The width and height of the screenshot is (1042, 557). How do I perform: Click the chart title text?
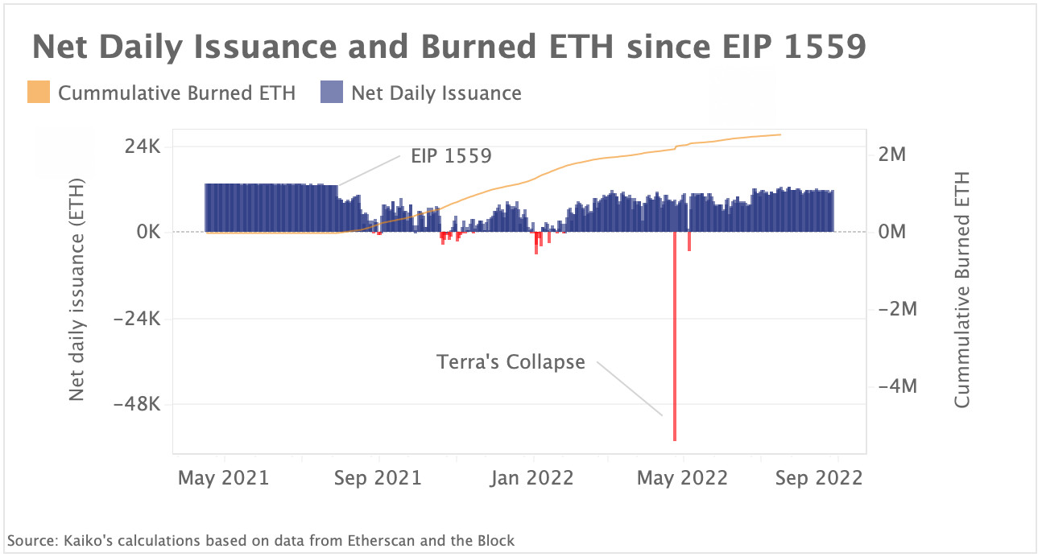pyautogui.click(x=449, y=47)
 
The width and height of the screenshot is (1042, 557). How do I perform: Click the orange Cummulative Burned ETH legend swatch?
pyautogui.click(x=39, y=93)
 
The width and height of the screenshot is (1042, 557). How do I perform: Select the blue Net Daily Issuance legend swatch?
pyautogui.click(x=332, y=93)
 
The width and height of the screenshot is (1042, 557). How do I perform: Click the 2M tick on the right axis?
pyautogui.click(x=891, y=155)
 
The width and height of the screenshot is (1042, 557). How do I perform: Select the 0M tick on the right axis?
pyautogui.click(x=891, y=233)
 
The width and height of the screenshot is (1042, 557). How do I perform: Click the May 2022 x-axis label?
pyautogui.click(x=683, y=478)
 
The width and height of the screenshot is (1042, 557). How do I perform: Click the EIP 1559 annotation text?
pyautogui.click(x=451, y=156)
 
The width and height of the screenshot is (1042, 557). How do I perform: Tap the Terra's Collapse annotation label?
pyautogui.click(x=511, y=362)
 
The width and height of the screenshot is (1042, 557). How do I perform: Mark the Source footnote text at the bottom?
pyautogui.click(x=260, y=541)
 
